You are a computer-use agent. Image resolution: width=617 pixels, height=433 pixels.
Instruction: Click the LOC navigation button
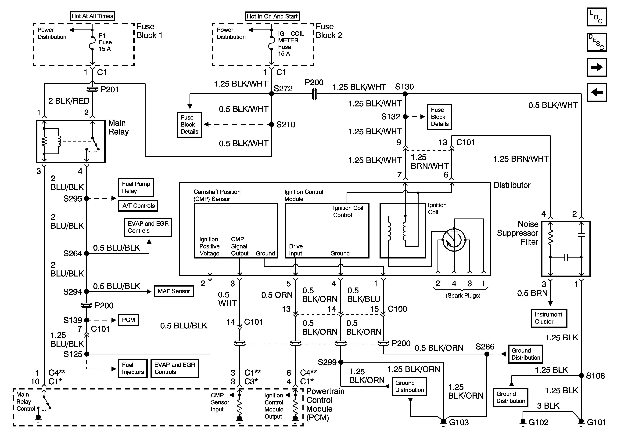click(x=597, y=17)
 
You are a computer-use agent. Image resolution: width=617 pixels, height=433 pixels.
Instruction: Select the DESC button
click(x=597, y=42)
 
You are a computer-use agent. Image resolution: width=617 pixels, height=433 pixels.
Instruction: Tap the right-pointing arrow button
click(x=597, y=67)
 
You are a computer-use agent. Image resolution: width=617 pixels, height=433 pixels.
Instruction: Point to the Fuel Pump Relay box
click(x=136, y=187)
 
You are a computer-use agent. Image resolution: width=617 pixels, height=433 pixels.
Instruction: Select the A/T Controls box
click(x=138, y=206)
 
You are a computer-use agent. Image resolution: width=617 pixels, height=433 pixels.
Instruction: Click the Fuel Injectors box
click(x=133, y=368)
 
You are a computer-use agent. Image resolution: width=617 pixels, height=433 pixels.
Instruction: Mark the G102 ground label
click(x=538, y=422)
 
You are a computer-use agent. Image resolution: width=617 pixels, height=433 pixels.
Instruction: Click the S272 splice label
click(x=283, y=88)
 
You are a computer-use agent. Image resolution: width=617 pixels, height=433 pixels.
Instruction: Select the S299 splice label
click(x=327, y=362)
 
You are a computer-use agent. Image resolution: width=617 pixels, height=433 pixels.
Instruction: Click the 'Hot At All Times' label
click(x=92, y=16)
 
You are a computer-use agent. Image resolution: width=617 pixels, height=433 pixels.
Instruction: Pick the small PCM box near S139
click(x=129, y=320)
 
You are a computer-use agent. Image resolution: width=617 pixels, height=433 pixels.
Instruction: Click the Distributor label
click(x=512, y=185)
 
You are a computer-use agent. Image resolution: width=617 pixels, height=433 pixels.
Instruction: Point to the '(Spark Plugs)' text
click(x=463, y=296)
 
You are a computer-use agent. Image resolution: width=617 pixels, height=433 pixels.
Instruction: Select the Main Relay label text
click(x=118, y=127)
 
